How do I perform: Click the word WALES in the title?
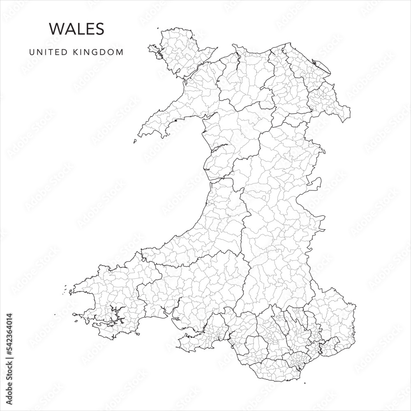tap(76, 29)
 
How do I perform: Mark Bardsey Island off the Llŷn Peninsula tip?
tap(135, 141)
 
